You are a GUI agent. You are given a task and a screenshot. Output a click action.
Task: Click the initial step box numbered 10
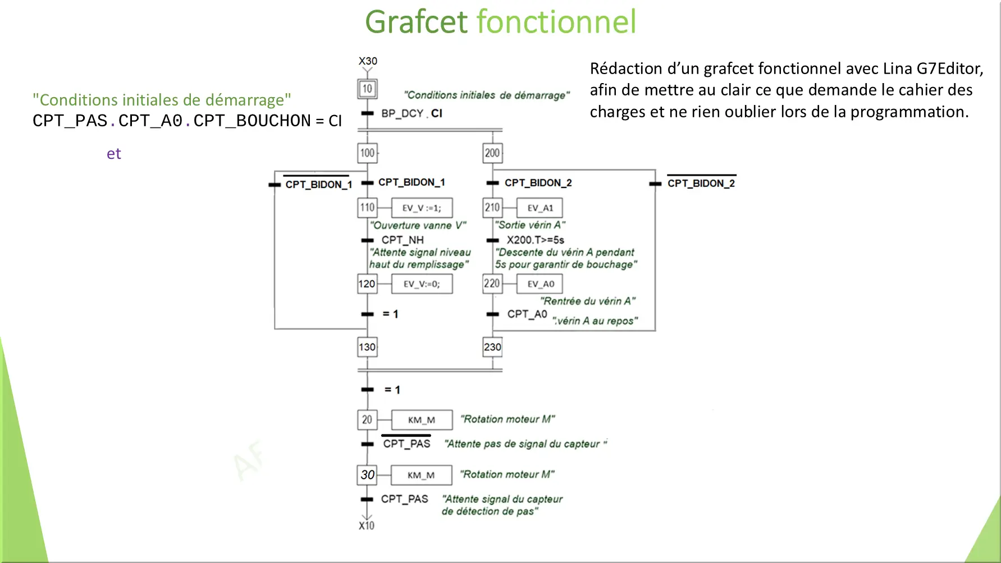tap(367, 89)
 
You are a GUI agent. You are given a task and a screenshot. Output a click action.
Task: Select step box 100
tap(367, 153)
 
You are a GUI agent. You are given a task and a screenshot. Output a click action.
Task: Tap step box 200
tap(492, 153)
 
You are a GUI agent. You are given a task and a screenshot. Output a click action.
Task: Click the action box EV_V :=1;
tap(422, 208)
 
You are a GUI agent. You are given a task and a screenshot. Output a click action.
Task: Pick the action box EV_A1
tap(540, 208)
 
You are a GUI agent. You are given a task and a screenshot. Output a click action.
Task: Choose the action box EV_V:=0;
tap(422, 284)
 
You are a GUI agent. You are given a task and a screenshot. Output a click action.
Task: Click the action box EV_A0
tap(540, 284)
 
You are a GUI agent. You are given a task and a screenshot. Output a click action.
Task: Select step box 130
tap(367, 347)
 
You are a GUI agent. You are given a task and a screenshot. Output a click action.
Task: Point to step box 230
tap(492, 347)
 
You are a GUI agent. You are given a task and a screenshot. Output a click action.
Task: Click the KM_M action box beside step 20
tap(422, 420)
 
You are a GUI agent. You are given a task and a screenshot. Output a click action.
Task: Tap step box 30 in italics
tap(367, 475)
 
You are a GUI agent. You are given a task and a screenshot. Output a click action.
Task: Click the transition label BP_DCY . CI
tap(412, 113)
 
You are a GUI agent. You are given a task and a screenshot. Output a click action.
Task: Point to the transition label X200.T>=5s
tap(536, 240)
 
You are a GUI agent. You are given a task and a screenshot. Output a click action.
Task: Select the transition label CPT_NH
tap(403, 240)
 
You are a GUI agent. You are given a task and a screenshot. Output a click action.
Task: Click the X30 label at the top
tap(368, 61)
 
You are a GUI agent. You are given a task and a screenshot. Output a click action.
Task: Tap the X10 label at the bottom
tap(367, 525)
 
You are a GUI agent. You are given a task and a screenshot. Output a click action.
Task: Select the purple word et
tap(114, 154)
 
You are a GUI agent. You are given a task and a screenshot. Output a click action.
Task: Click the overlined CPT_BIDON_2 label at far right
tap(701, 182)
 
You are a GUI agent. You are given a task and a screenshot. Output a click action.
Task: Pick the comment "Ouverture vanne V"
tap(418, 225)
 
